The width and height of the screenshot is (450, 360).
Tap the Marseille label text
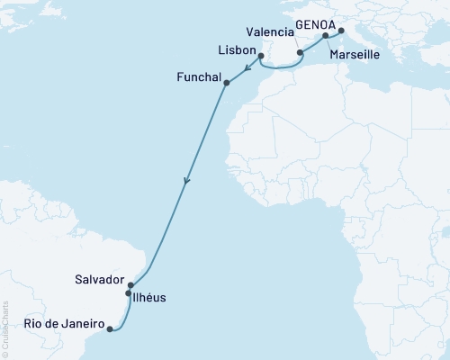tap(355, 55)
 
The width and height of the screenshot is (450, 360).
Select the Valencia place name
tap(261, 31)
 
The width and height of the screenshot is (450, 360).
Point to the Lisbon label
tap(236, 49)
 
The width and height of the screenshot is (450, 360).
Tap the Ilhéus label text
tap(150, 296)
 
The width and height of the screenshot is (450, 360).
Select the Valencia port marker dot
tap(300, 53)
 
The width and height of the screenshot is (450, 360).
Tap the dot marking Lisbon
tap(260, 56)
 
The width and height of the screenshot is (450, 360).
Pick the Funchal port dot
tap(226, 84)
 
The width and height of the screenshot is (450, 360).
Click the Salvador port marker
tap(131, 285)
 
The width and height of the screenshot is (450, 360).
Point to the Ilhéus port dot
tap(128, 293)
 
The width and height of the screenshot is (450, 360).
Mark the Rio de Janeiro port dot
tap(110, 329)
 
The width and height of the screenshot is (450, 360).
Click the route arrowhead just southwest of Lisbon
tap(246, 66)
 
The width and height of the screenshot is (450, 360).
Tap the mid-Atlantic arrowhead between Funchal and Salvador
tap(186, 181)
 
